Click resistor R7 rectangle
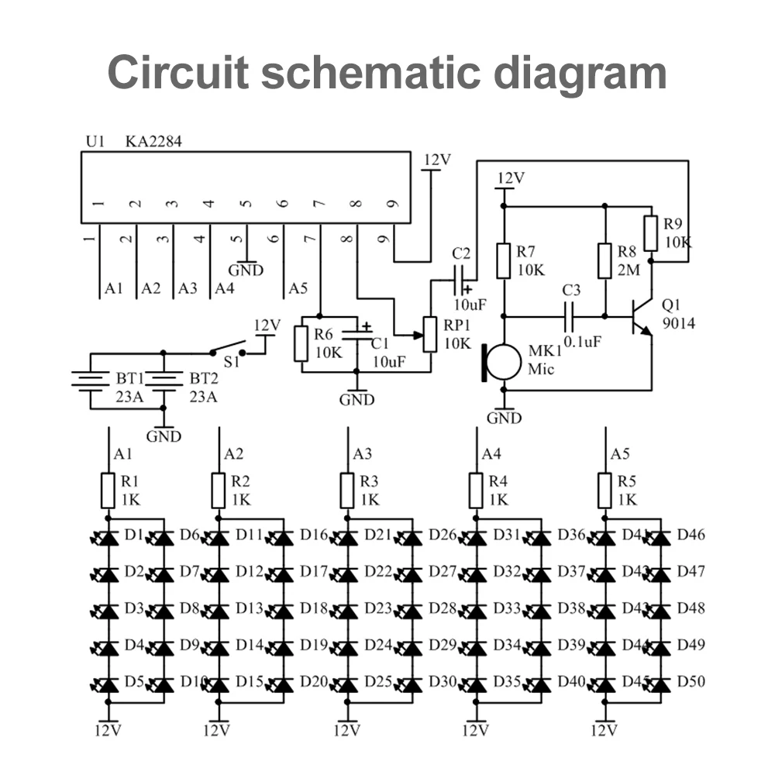[504, 261]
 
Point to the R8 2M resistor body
[605, 261]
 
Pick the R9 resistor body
[651, 232]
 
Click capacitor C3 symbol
[571, 315]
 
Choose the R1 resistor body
[108, 491]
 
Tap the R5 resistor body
[605, 491]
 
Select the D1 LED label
[134, 535]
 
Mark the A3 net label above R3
[362, 454]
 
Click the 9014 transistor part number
[679, 323]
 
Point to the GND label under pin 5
[246, 270]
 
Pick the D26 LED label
[443, 535]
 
